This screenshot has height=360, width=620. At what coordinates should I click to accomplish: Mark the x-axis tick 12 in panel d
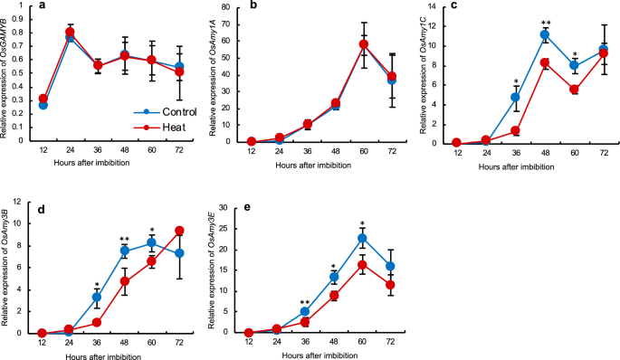coord(42,342)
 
